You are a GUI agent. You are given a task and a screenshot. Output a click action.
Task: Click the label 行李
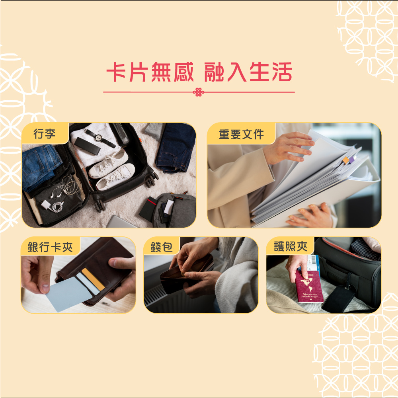coord(44,134)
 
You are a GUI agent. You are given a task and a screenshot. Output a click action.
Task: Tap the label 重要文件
coord(241,134)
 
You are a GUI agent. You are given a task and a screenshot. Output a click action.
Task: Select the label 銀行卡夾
coord(50,247)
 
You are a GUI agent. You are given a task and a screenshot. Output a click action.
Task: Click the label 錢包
coord(161,247)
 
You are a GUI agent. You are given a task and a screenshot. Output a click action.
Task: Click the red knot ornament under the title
coord(199,92)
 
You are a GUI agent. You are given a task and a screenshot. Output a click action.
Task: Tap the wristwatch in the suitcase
coord(99,137)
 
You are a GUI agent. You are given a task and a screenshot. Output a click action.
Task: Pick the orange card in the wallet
coord(94,279)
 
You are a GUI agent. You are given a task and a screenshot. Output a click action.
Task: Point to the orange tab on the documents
coord(345,160)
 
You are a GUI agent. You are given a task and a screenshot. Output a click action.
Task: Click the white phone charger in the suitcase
coord(46,205)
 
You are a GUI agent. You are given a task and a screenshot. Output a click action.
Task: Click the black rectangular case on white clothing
coord(87,146)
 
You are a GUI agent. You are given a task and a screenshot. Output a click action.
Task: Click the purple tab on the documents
coord(351,160)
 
